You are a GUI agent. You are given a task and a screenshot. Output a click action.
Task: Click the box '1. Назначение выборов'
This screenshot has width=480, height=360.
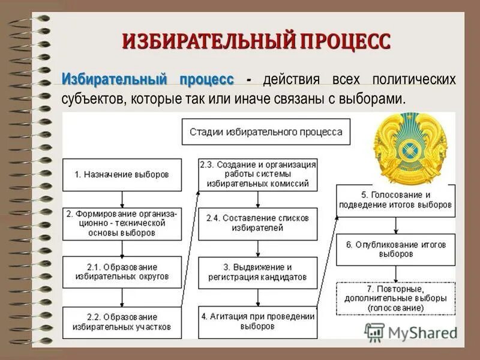122,175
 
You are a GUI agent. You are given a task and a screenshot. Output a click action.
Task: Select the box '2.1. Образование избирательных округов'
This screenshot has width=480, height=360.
122,272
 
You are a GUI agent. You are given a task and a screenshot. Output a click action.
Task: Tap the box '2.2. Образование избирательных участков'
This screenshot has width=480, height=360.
122,322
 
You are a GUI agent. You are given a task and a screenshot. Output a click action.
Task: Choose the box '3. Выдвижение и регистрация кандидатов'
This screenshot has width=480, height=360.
257,272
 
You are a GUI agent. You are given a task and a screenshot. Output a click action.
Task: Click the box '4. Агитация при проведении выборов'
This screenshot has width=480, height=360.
257,322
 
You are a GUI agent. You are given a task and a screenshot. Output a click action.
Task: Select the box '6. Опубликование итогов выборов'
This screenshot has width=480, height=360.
395,250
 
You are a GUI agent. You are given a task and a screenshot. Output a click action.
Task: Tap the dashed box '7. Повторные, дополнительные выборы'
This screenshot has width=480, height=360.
395,298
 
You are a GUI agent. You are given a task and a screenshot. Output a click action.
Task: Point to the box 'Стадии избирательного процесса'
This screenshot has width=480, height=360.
266,131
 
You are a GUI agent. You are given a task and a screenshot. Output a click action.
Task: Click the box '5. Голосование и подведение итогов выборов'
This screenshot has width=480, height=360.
395,200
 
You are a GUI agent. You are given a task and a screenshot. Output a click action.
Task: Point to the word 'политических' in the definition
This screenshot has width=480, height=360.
414,79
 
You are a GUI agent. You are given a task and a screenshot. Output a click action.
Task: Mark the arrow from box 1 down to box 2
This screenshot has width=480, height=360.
122,199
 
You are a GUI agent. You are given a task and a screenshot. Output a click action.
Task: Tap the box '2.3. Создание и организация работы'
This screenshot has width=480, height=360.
257,175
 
